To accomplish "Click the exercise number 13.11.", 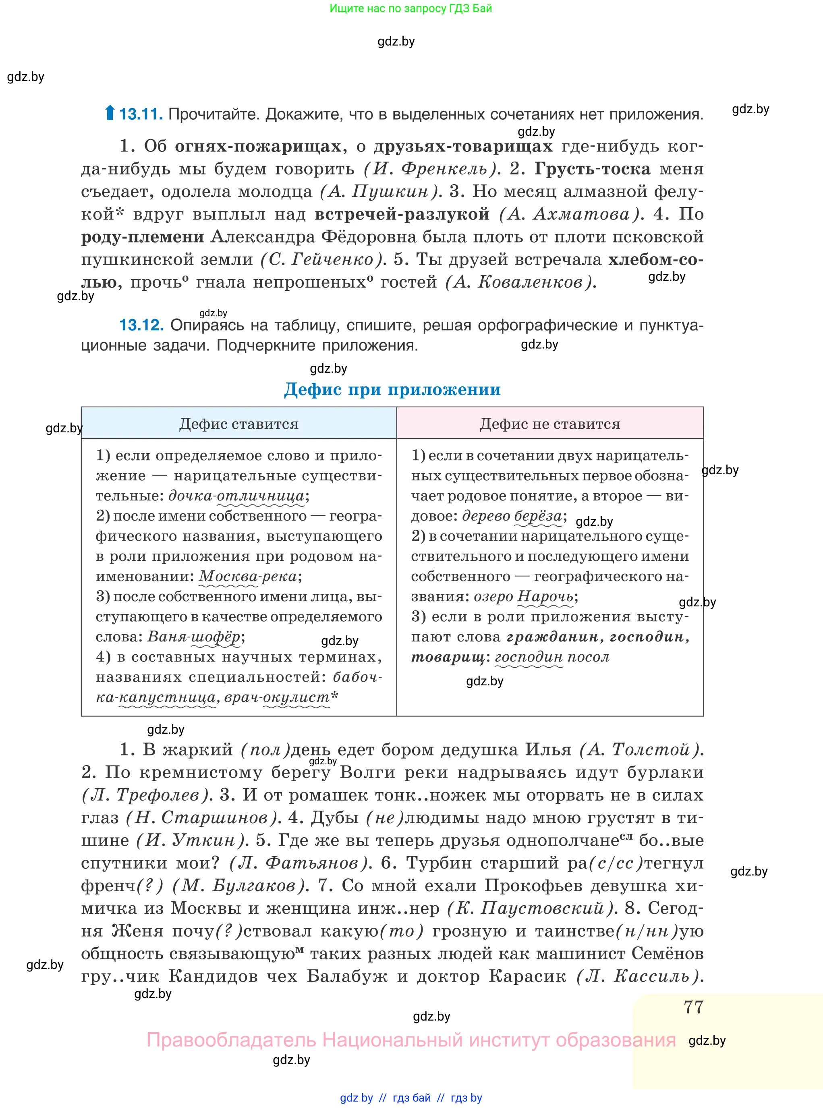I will click(141, 114).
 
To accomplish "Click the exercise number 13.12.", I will click(141, 325).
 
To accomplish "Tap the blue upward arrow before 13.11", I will click(110, 113).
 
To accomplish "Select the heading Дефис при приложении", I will click(392, 389).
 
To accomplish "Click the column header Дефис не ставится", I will click(549, 423).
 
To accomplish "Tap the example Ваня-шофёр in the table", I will click(194, 637).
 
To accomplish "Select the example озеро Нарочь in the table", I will click(523, 596).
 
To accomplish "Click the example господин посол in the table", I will click(552, 657).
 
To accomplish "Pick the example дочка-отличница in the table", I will click(236, 496).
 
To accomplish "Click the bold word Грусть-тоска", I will click(592, 169).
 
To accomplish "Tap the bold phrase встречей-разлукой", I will click(402, 214).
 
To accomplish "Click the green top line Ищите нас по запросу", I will click(410, 8).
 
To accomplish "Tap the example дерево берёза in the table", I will click(512, 516).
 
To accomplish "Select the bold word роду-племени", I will click(143, 237).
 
